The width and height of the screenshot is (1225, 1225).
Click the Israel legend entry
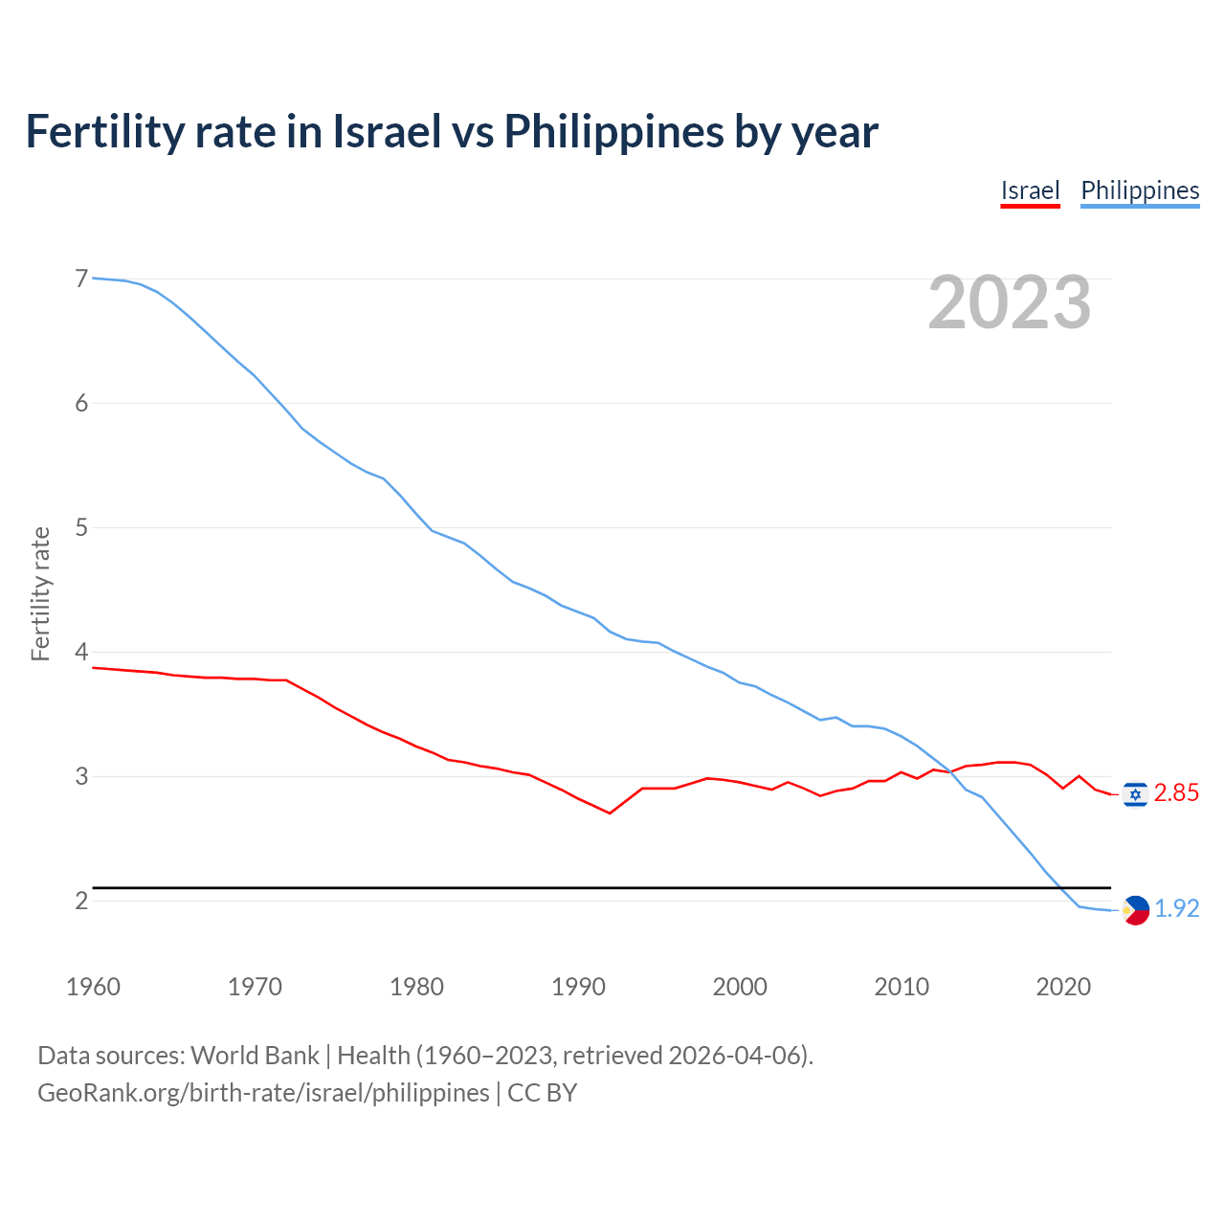[x=1030, y=190]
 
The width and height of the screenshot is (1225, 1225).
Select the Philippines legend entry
[x=1140, y=190]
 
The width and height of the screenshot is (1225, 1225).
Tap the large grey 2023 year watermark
[x=1010, y=302]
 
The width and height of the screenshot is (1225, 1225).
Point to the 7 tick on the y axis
[x=81, y=278]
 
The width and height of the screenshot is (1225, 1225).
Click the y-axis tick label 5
[x=81, y=527]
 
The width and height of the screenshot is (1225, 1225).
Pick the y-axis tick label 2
[x=81, y=901]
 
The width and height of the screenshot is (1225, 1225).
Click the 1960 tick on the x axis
[x=93, y=987]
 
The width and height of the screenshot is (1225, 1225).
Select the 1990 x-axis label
[x=578, y=987]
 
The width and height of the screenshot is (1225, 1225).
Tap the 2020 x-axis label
[x=1063, y=987]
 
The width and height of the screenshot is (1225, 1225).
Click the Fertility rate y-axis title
[x=40, y=593]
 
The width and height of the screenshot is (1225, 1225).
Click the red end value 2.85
[x=1176, y=793]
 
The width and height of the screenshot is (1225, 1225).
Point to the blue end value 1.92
[x=1177, y=909]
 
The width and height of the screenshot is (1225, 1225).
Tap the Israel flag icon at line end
[x=1135, y=794]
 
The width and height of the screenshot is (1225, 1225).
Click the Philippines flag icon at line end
[x=1135, y=910]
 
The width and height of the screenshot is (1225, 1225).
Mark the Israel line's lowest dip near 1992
[x=610, y=813]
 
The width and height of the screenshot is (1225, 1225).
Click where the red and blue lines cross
[x=952, y=771]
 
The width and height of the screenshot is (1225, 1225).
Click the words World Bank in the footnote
[x=255, y=1056]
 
